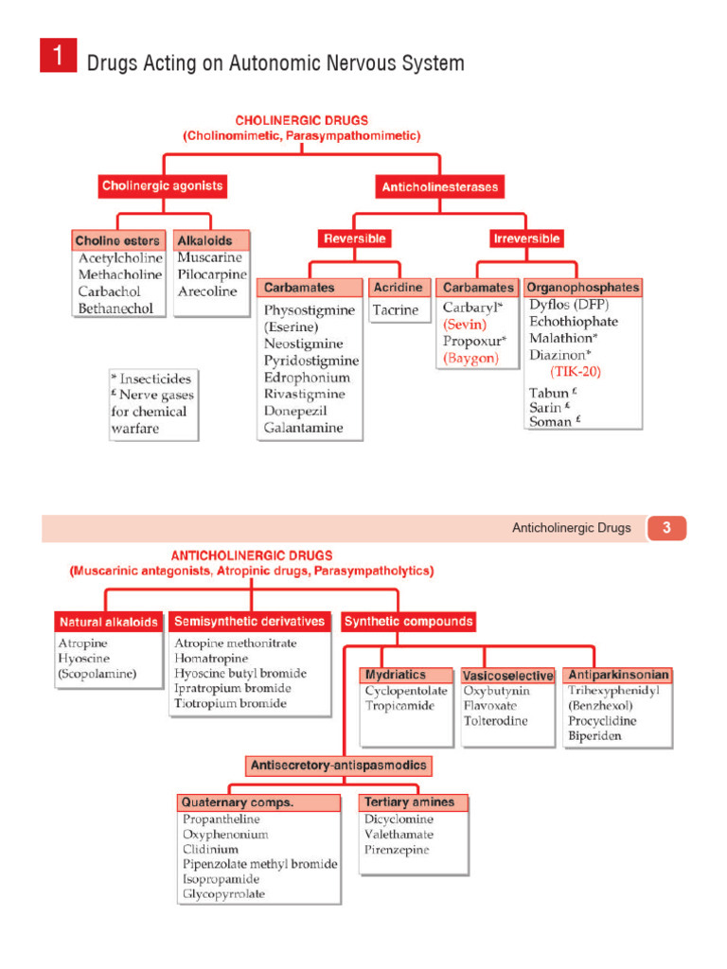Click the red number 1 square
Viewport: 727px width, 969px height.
(58, 56)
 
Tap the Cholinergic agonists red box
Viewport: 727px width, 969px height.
(163, 186)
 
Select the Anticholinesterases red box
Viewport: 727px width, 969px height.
(439, 187)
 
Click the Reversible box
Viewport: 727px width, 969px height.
(355, 238)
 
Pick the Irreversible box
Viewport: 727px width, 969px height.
(526, 238)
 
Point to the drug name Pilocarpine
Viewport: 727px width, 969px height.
(212, 274)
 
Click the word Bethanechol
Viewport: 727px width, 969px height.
(115, 308)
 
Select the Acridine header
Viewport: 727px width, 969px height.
(396, 288)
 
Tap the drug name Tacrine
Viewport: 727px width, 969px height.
(396, 309)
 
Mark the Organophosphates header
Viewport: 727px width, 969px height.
(582, 287)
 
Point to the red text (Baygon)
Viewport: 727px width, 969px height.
(470, 358)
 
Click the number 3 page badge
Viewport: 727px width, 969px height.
(666, 528)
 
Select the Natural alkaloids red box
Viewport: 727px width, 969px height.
(109, 622)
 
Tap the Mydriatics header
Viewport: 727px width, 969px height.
(396, 676)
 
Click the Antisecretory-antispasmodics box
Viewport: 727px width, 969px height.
(338, 765)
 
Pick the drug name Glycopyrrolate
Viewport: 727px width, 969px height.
(224, 894)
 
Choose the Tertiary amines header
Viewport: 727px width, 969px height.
(409, 802)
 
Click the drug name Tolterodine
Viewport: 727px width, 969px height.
(496, 721)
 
